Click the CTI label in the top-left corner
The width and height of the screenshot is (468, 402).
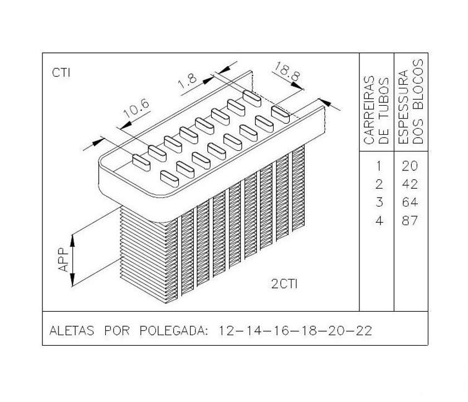(61, 72)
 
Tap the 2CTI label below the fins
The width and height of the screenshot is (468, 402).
(285, 284)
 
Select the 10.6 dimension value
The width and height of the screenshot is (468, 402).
(136, 109)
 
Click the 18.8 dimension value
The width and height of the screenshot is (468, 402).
(287, 72)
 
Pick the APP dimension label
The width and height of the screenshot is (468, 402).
(64, 259)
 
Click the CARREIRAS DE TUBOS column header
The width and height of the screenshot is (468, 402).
(377, 110)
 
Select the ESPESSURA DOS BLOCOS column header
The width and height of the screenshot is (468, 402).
(411, 102)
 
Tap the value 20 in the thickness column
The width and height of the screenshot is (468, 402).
(409, 166)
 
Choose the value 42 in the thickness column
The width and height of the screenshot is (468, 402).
(409, 184)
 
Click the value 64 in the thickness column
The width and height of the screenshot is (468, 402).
(409, 202)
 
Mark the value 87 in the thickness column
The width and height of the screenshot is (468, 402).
(409, 220)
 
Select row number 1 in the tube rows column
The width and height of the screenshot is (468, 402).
(379, 166)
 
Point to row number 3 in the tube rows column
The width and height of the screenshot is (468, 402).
(379, 202)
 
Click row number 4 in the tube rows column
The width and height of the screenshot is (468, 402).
(379, 220)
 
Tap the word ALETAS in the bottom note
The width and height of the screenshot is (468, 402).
(72, 331)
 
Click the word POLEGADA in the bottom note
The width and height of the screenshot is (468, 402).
(173, 331)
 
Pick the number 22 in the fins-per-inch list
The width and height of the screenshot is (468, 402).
(363, 331)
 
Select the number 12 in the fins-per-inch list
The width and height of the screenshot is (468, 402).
(227, 331)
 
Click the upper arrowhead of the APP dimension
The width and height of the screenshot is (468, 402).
(72, 241)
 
